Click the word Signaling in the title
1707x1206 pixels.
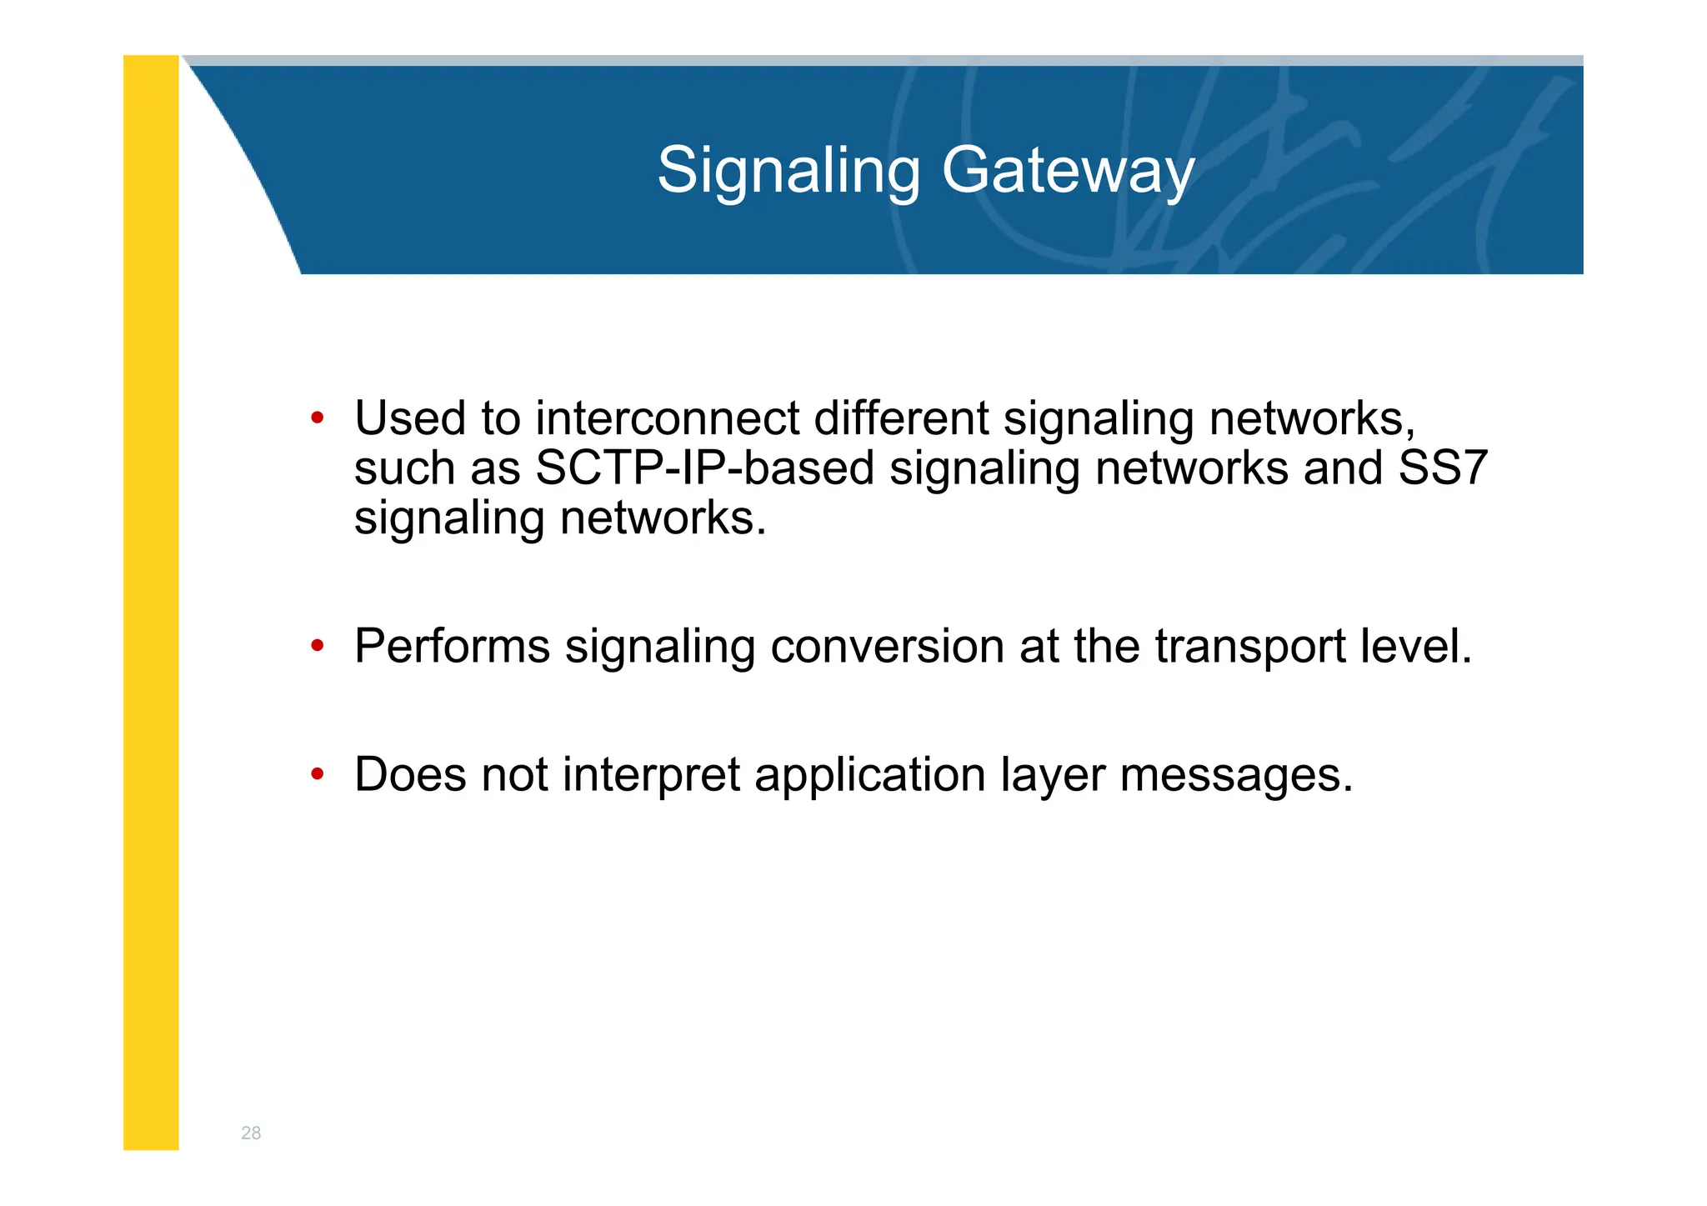pos(788,171)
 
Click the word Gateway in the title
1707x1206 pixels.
pos(1068,171)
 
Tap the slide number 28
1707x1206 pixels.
pos(251,1133)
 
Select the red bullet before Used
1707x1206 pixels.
pos(317,418)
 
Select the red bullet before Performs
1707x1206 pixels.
pos(317,646)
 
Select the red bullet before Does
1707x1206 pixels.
pos(317,774)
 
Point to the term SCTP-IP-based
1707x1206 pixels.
pos(704,468)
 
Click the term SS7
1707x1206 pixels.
pos(1442,468)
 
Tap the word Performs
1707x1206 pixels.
pos(452,646)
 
